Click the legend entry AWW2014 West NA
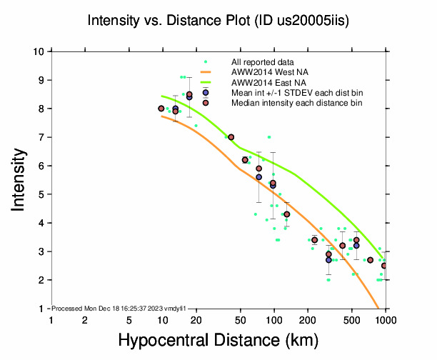coord(268,72)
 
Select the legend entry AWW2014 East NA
coord(267,82)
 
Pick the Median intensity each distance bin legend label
coord(296,103)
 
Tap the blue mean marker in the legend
coord(206,92)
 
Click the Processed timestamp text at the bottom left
coord(119,308)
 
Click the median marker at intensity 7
coord(231,137)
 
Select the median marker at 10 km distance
coord(161,109)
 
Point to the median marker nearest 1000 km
coord(384,266)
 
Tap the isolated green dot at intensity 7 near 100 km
coord(268,137)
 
